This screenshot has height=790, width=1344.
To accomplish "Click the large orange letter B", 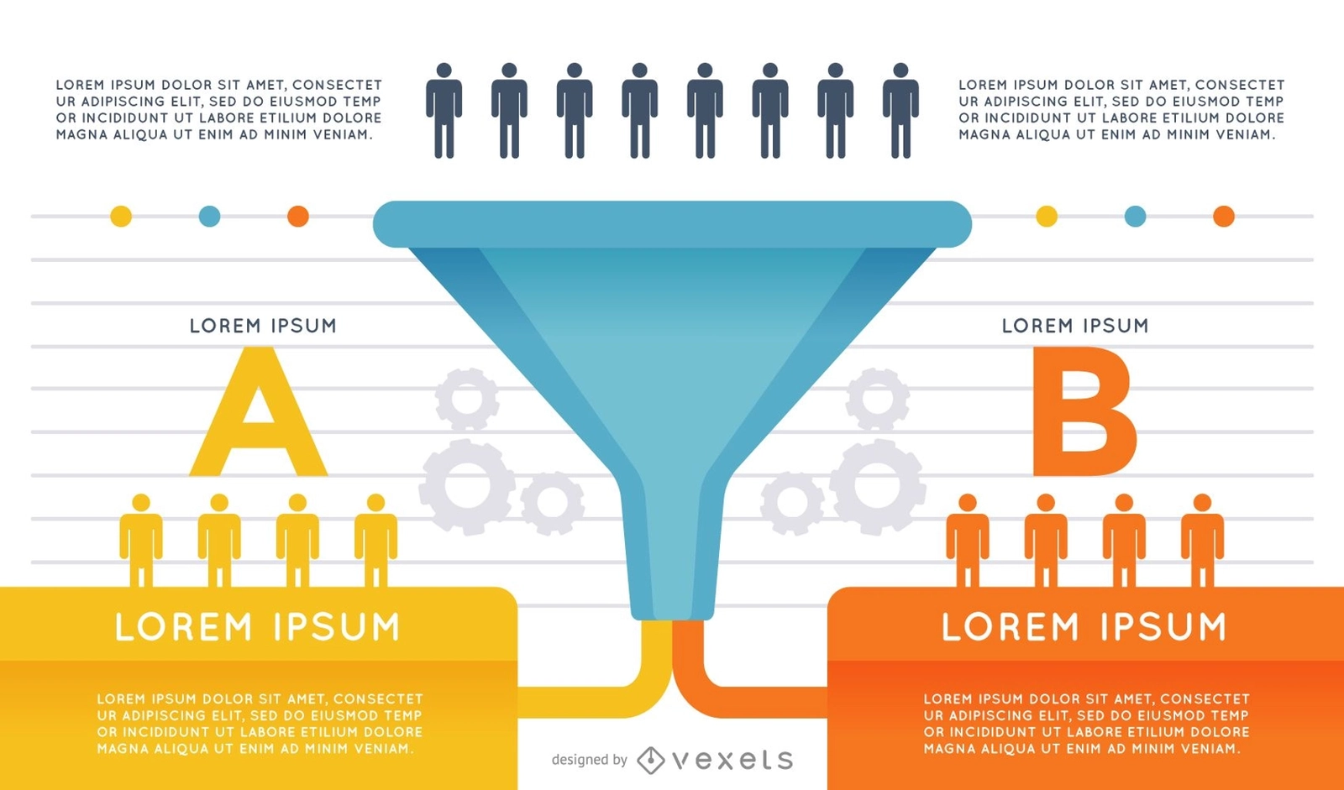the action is [1084, 411].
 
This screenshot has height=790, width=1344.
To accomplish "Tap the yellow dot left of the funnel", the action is [121, 216].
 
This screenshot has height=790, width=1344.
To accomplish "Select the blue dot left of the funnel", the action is [209, 216].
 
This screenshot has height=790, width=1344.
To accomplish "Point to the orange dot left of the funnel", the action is [298, 216].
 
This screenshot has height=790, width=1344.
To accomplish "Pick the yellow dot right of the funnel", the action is [1047, 216].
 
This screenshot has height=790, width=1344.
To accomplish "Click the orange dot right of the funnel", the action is [1224, 216].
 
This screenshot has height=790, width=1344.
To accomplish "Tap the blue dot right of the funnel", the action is [1135, 216].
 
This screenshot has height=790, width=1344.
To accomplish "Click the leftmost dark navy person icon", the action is [444, 110].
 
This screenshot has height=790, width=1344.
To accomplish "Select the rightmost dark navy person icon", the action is [900, 110].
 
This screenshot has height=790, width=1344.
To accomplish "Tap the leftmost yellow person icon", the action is [141, 540].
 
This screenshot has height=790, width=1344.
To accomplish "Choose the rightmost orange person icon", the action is [1202, 540].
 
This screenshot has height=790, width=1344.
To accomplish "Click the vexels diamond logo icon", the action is [650, 760].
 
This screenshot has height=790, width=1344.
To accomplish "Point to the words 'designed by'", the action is [589, 760].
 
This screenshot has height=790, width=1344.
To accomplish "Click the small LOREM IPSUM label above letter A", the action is [263, 326].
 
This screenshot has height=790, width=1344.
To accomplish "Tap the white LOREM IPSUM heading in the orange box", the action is [1084, 627].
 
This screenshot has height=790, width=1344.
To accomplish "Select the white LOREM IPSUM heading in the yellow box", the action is [257, 627].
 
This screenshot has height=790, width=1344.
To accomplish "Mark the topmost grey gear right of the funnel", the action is [877, 399].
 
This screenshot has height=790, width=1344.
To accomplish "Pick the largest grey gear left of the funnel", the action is [467, 486].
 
